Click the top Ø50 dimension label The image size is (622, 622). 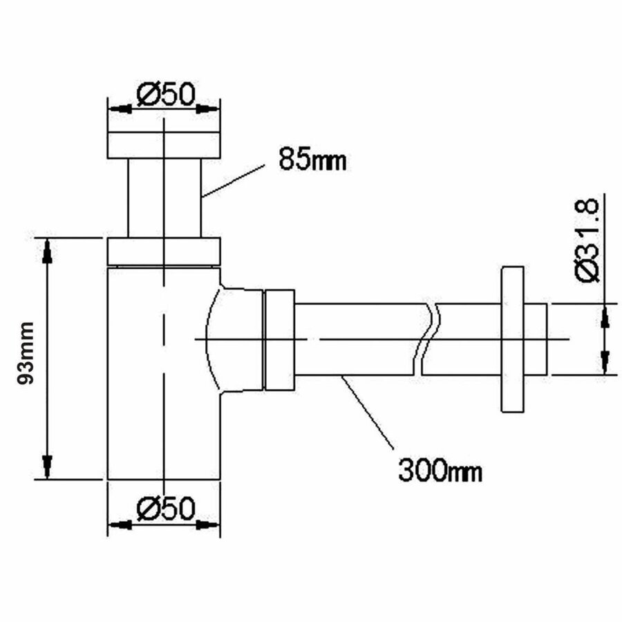[x=164, y=94]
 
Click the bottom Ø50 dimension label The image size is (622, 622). [x=164, y=509]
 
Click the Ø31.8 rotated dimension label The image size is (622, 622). [x=588, y=238]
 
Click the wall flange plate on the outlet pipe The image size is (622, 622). [x=513, y=339]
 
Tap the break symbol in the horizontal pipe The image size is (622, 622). [x=426, y=339]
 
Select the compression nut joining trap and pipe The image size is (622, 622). [x=279, y=339]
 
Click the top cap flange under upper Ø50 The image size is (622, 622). [x=164, y=144]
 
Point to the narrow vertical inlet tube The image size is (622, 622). [x=164, y=198]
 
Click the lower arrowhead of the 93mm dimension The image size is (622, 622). [x=46, y=466]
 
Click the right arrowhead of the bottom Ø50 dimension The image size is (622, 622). [x=208, y=525]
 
